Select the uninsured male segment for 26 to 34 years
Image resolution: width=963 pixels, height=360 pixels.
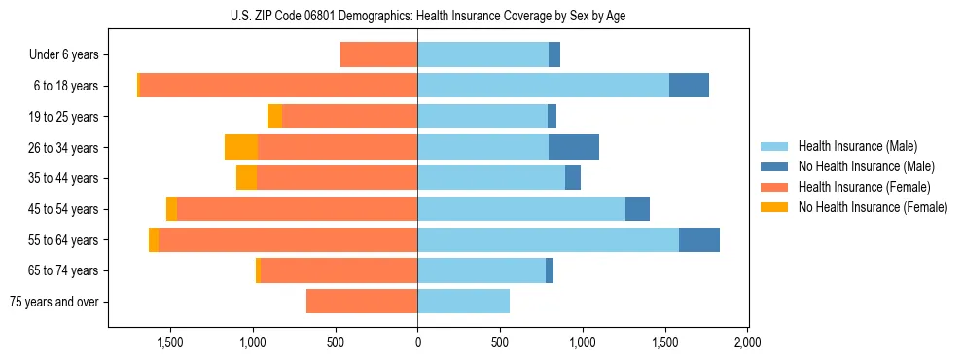coord(574,147)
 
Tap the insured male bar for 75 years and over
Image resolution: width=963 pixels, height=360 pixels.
coord(463,302)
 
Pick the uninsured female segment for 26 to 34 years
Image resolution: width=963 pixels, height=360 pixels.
coord(241,147)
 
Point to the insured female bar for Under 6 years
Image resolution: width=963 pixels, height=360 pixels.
coord(378,54)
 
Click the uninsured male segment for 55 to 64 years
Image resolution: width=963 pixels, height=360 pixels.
coord(699,239)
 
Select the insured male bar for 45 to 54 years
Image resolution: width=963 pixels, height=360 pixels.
coord(521,209)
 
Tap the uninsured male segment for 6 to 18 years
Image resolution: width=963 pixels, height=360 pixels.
coord(689,86)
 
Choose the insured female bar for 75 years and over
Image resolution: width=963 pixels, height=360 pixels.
coord(362,302)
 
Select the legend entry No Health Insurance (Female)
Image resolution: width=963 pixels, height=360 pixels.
coord(873,207)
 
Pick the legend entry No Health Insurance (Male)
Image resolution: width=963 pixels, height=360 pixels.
coord(866,166)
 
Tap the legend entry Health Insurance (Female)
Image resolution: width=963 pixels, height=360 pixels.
coord(865,187)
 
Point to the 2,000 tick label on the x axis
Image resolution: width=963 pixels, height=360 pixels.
coord(747,342)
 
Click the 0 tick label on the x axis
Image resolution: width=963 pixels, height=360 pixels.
coord(417,342)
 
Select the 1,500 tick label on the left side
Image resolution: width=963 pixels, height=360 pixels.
coord(170,342)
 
